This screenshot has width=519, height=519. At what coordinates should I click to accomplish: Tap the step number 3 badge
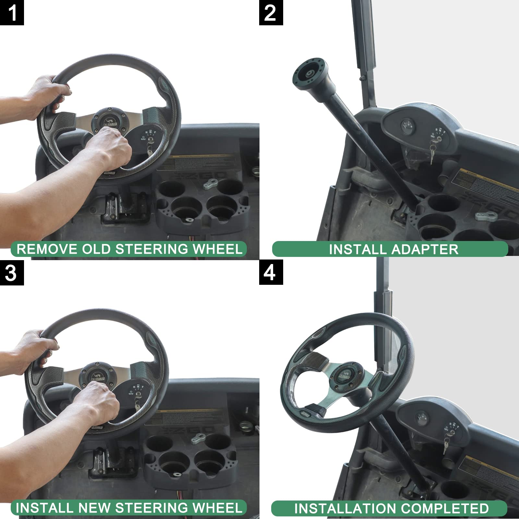[12, 272]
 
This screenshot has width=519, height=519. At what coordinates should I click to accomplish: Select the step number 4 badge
[271, 272]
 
